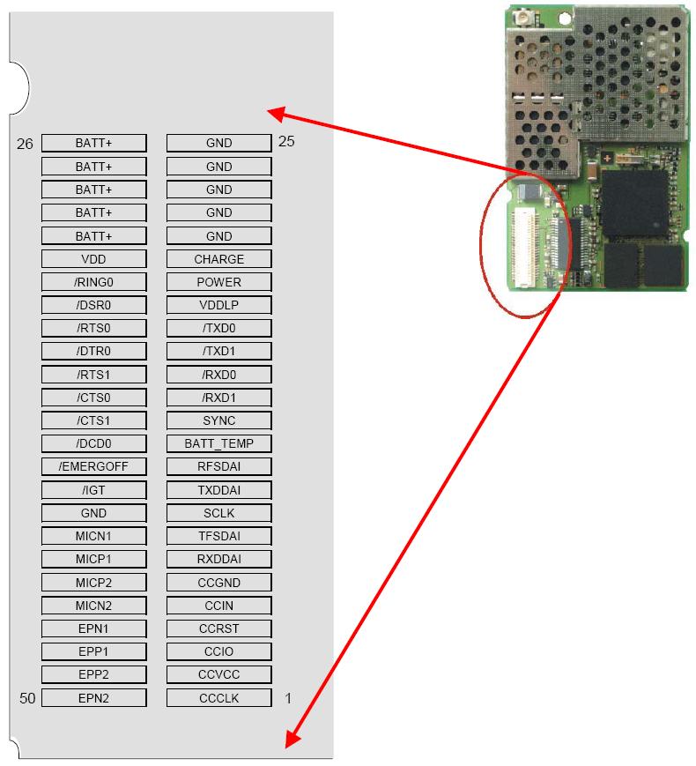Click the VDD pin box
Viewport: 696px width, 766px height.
[93, 259]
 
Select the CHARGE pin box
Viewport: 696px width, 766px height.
[218, 259]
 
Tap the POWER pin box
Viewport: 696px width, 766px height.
[218, 282]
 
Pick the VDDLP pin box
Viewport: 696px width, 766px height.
[218, 305]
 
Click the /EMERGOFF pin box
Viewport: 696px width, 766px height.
[93, 466]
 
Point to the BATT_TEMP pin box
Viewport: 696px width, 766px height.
[218, 443]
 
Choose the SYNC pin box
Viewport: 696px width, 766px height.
[218, 420]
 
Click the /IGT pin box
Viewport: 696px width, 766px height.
[93, 489]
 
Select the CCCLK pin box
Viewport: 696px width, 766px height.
[218, 698]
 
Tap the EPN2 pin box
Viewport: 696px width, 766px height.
[93, 698]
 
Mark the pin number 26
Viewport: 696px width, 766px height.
[25, 144]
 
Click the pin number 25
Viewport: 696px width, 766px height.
[286, 141]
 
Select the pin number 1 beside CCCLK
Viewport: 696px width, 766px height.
[287, 698]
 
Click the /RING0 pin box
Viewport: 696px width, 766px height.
[93, 282]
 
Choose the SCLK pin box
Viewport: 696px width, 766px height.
[218, 512]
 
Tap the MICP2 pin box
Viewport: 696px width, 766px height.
[93, 583]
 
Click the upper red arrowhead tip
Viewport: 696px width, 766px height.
[269, 112]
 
